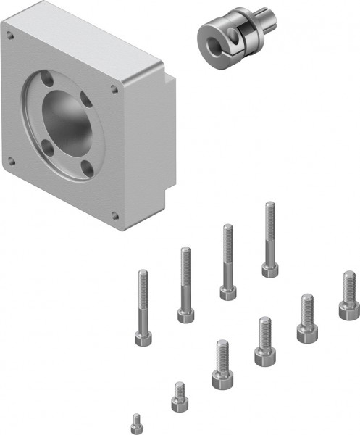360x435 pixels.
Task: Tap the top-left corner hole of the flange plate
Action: point(11,33)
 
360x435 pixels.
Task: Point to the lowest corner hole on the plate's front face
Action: point(114,215)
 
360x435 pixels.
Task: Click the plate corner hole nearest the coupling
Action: point(114,90)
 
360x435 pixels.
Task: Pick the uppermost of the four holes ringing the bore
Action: point(49,75)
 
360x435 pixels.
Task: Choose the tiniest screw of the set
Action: point(135,420)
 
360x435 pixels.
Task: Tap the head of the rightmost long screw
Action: point(269,270)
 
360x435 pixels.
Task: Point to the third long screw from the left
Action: point(227,261)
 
